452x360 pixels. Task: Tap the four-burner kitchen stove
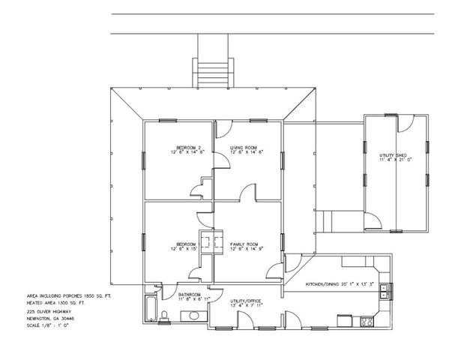[367, 322]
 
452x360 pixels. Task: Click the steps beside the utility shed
[327, 222]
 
